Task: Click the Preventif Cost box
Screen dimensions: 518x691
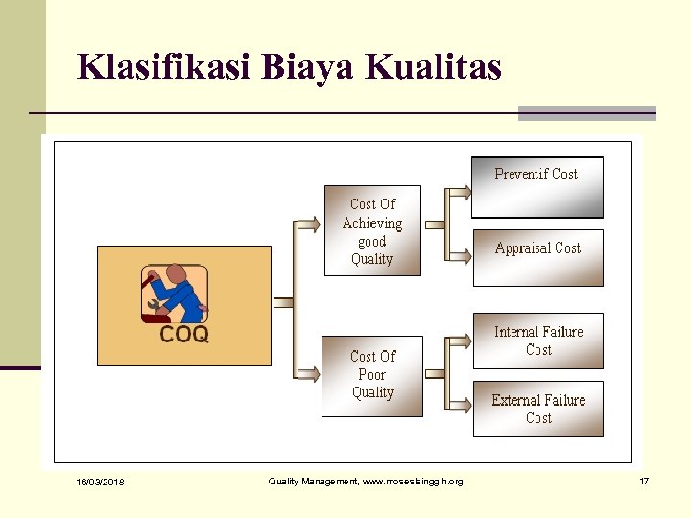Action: [536, 186]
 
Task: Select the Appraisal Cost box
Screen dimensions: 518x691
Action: [537, 257]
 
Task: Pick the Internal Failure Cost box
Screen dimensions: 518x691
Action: [537, 341]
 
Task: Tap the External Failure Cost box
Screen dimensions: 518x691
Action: [537, 409]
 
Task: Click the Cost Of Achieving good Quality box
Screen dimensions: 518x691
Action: [372, 230]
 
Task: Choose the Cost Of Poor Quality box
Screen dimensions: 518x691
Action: [372, 374]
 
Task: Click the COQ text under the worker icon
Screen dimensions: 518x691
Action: [183, 335]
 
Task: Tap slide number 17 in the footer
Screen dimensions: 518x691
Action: [644, 481]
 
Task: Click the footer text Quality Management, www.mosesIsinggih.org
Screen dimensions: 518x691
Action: [365, 482]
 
